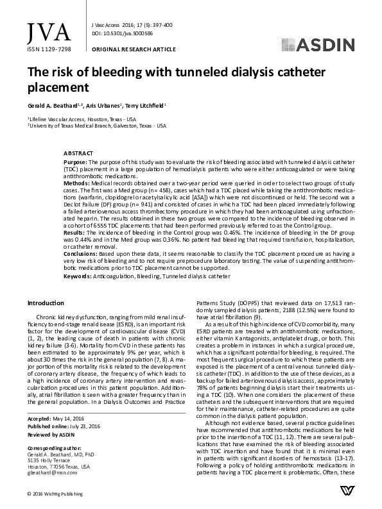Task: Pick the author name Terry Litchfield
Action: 148,105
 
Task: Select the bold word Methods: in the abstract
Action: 76,183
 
